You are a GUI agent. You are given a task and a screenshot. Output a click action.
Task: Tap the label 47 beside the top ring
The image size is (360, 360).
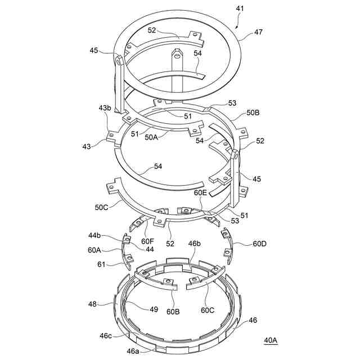click(x=258, y=32)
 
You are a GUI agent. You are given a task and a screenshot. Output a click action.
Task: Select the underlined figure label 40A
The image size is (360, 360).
click(x=271, y=340)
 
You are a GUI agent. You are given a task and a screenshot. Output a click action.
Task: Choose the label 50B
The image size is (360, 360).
click(x=254, y=112)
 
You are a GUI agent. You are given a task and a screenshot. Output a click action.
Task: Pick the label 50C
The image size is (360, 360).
click(x=101, y=207)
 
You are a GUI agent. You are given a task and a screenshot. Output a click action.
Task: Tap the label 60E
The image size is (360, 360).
click(x=201, y=193)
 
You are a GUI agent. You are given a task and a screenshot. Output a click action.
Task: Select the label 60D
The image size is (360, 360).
click(x=260, y=244)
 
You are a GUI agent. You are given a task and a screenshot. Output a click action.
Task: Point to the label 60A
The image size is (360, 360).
click(x=95, y=249)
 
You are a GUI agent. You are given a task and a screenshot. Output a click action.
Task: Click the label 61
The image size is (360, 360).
click(x=101, y=263)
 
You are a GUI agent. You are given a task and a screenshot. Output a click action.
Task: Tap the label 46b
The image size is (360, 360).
click(x=194, y=244)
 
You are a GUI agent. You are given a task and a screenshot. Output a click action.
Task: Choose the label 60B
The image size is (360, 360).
click(x=173, y=310)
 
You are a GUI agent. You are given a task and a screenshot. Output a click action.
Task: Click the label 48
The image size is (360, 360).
click(x=93, y=304)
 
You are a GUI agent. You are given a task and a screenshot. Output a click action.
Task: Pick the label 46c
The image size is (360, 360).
click(x=105, y=335)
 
